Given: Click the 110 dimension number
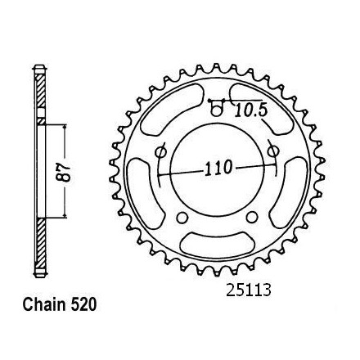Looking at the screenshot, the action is tap(218, 168).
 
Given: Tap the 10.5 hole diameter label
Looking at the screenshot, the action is tap(250, 110).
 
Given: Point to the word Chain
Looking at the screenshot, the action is tap(43, 304).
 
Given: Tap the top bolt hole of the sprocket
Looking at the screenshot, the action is tap(216, 111).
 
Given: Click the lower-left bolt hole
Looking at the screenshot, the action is tap(182, 218).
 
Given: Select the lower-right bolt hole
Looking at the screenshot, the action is tap(252, 217).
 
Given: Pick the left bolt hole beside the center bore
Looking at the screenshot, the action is tap(160, 151).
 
